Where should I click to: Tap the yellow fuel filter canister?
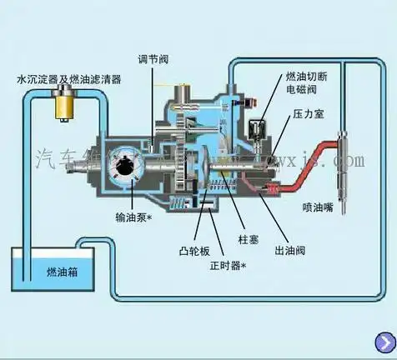(x=60, y=105)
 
